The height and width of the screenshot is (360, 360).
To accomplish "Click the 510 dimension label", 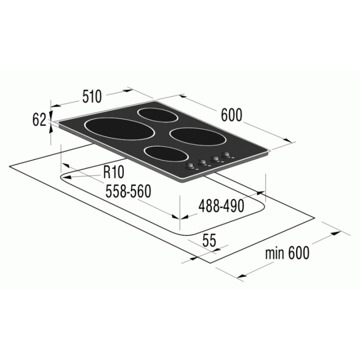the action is click(92, 96).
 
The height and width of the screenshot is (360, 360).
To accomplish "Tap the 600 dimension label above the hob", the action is click(231, 115).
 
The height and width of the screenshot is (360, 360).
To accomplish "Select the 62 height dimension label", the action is click(39, 119).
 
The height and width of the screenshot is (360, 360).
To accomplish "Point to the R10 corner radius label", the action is click(113, 172).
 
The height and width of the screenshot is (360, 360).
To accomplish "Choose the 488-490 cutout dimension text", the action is click(221, 205).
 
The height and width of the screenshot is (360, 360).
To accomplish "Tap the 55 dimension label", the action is click(209, 240).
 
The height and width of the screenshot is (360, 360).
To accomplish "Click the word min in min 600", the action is click(274, 253).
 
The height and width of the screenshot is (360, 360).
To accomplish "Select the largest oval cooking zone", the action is click(119, 129).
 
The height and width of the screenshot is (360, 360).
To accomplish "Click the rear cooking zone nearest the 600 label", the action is click(157, 115).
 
